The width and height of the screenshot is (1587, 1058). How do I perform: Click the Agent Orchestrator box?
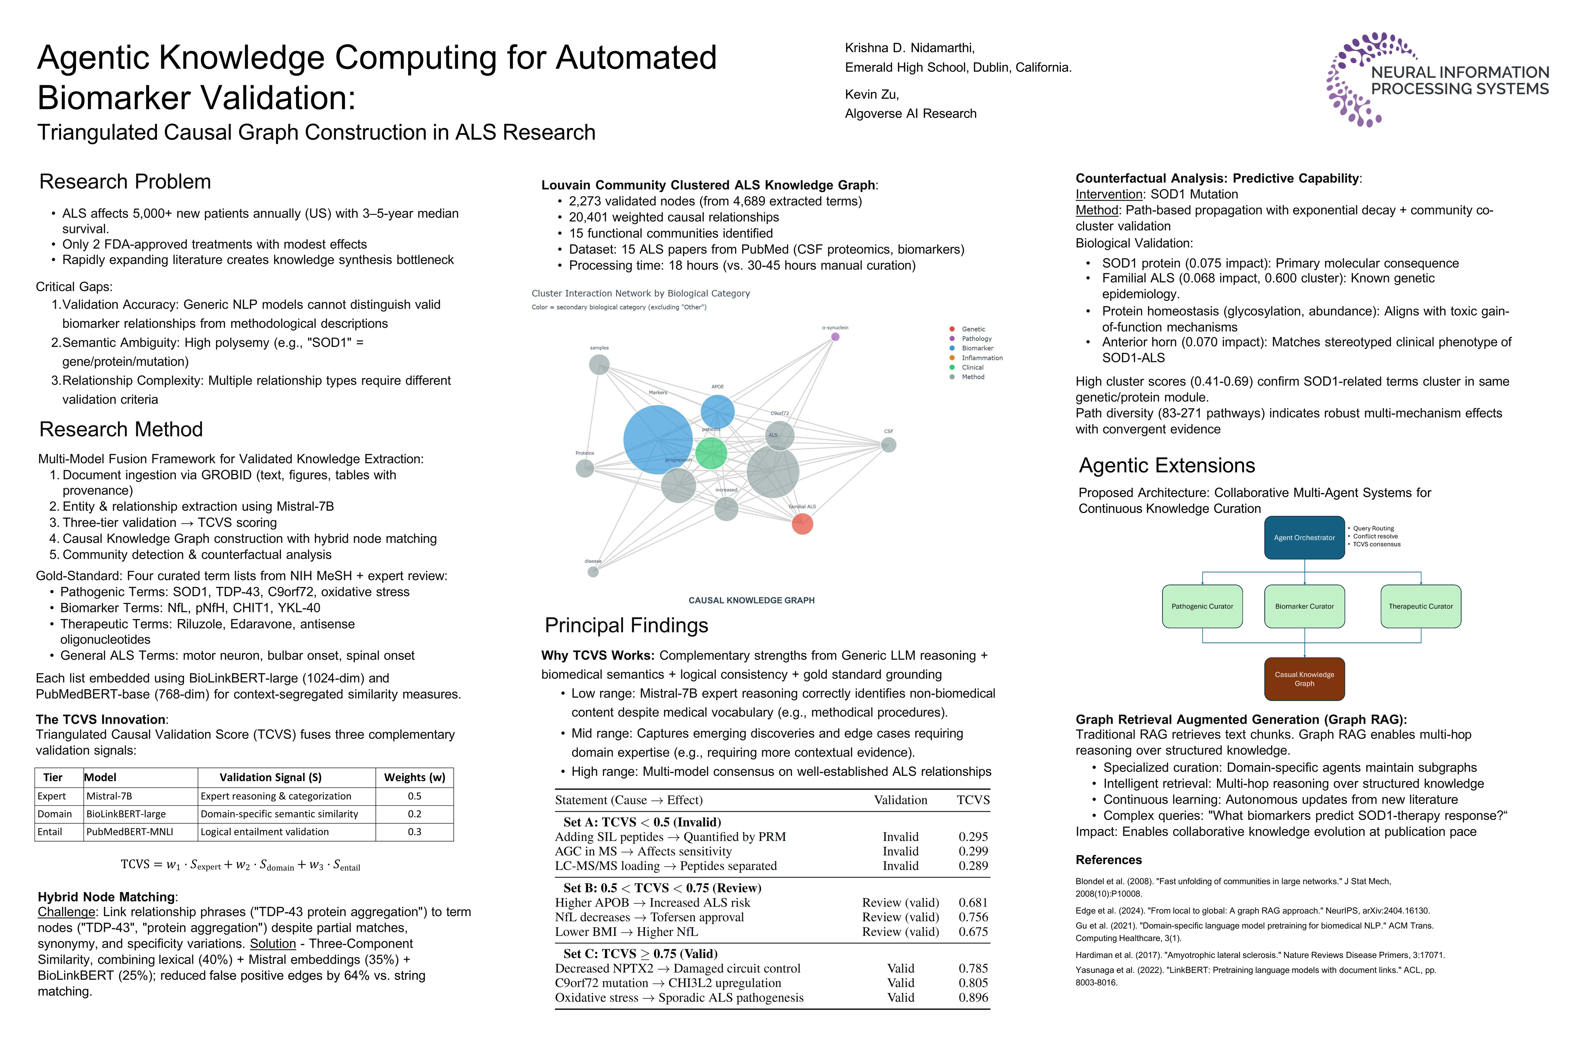tap(1304, 538)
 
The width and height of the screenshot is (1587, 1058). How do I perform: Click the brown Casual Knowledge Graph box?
tap(1304, 679)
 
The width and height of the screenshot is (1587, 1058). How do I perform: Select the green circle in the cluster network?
tap(711, 453)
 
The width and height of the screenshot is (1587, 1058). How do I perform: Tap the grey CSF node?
tap(889, 445)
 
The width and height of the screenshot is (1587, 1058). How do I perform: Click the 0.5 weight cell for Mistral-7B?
tap(414, 796)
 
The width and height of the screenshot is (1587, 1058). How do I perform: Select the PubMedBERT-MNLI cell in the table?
tap(130, 832)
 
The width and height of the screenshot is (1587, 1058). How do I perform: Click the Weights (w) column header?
tap(414, 777)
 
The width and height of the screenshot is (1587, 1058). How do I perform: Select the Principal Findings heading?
tap(626, 626)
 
